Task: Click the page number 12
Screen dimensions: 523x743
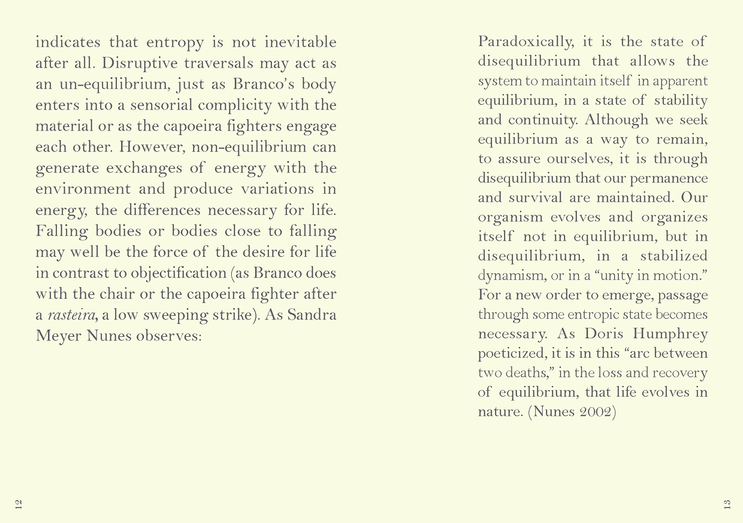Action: click(x=19, y=503)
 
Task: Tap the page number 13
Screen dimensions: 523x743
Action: click(x=727, y=503)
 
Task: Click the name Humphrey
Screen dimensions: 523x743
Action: click(x=670, y=333)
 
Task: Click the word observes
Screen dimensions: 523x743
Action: click(x=169, y=336)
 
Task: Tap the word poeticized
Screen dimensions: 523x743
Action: click(x=512, y=353)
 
